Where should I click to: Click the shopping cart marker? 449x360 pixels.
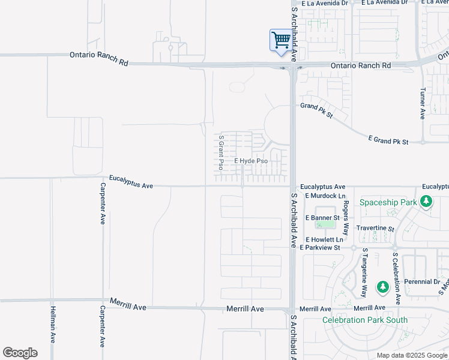280,41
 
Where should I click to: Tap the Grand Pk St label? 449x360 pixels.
316,110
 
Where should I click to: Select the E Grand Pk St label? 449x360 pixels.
388,141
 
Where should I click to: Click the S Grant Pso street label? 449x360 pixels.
221,152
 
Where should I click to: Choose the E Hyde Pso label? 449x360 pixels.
251,161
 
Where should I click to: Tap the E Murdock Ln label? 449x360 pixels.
325,196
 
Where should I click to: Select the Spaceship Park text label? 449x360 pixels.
388,202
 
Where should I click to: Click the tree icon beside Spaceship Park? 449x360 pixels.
426,202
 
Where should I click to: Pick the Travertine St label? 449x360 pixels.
375,229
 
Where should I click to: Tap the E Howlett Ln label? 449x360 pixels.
324,239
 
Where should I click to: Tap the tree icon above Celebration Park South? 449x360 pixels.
382,287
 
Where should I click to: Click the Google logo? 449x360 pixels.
20,353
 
